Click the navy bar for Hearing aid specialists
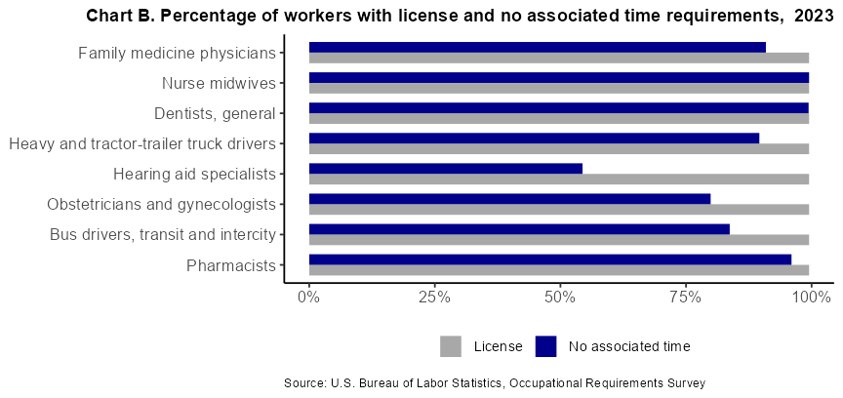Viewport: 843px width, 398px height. pos(445,168)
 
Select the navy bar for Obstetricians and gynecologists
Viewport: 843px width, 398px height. pos(509,198)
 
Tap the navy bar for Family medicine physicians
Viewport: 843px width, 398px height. pos(537,47)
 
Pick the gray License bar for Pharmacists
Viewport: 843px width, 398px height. pos(558,270)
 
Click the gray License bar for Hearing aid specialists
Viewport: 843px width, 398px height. pos(558,179)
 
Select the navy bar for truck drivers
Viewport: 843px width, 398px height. pos(534,138)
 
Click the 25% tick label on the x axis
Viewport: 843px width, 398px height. pos(434,298)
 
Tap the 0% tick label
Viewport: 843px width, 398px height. pos(309,298)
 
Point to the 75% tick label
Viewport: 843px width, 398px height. pos(685,298)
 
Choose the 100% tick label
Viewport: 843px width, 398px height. pos(811,298)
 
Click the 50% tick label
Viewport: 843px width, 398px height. pos(560,298)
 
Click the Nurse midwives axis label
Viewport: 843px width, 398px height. pos(220,84)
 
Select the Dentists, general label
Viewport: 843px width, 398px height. pos(216,114)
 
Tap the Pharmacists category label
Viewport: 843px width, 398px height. pos(230,265)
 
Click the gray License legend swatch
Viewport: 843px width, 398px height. pos(451,346)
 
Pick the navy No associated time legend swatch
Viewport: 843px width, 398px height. pos(545,346)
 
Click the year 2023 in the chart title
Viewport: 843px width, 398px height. pos(806,17)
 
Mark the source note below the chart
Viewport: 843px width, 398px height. pos(494,383)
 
